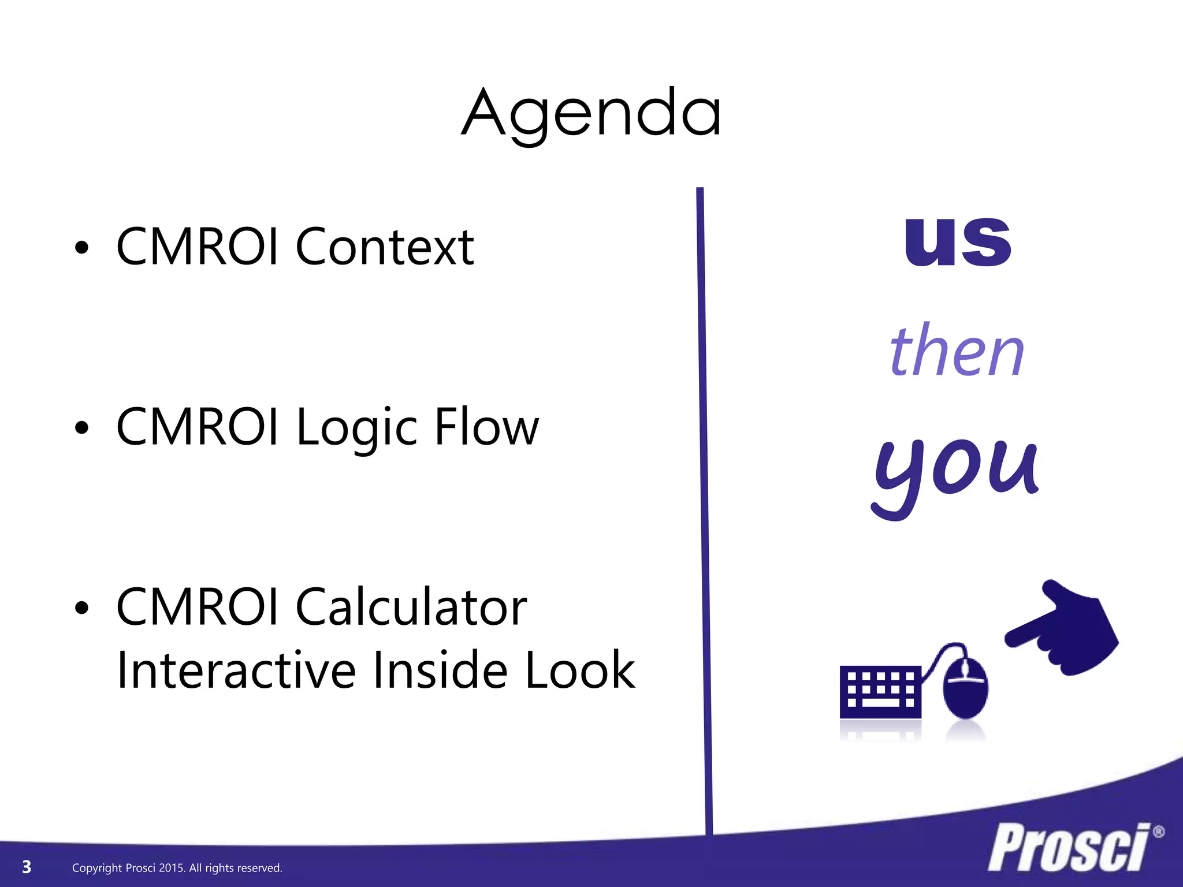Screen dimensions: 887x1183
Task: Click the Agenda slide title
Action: point(591,113)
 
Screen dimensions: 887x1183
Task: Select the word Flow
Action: point(486,427)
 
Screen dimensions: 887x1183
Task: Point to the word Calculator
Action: point(411,607)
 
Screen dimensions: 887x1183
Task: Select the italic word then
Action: point(957,351)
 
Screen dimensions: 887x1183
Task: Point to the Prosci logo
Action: point(1069,848)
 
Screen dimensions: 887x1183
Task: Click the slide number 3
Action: point(27,867)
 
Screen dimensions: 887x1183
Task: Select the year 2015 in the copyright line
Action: point(171,868)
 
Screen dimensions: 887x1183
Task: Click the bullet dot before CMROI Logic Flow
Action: point(82,428)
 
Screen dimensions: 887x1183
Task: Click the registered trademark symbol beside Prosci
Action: point(1158,833)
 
